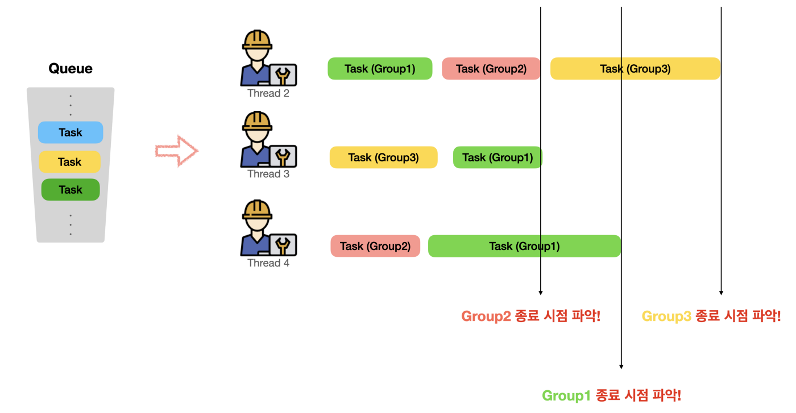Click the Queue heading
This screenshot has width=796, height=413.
71,69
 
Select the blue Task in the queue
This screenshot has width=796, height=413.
71,132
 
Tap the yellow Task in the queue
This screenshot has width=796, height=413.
69,162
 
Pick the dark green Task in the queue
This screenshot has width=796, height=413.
71,190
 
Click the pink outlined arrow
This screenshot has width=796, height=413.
176,151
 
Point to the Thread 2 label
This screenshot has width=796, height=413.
268,93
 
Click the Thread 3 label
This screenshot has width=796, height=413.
268,174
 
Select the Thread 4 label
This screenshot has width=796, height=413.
268,263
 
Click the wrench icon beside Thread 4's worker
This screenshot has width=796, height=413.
283,245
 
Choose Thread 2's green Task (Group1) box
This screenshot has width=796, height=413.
380,69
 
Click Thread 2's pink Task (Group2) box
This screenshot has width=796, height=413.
491,69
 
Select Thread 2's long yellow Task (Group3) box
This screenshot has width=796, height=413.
635,69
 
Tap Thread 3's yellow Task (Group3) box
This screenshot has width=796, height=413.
383,157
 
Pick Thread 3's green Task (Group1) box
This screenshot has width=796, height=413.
497,157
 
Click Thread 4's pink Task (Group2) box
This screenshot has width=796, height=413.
375,246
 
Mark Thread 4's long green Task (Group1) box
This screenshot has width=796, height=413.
524,246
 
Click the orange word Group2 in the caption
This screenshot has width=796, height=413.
486,316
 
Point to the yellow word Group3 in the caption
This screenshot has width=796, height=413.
666,316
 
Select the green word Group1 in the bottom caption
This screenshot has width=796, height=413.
566,395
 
